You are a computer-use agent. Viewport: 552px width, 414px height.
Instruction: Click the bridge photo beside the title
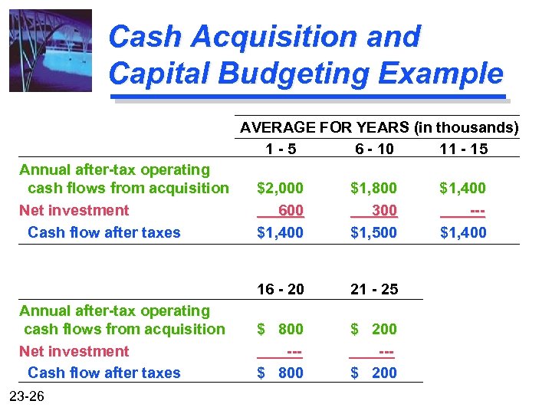point(51,51)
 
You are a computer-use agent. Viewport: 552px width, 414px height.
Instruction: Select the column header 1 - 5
point(280,149)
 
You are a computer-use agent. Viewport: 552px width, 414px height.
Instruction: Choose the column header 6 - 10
point(373,149)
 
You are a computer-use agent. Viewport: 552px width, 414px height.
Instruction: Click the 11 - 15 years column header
point(463,149)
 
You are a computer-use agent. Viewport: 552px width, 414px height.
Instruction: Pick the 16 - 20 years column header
point(280,289)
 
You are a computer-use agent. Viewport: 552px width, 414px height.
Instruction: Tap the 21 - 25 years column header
point(373,289)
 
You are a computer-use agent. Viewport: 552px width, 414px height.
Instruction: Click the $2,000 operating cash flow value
point(280,188)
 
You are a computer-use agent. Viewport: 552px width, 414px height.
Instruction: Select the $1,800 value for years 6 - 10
point(373,188)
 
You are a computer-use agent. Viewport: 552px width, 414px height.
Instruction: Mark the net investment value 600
point(291,210)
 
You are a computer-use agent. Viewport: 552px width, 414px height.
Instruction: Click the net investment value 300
point(384,210)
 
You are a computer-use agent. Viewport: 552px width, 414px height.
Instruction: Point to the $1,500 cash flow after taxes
point(373,232)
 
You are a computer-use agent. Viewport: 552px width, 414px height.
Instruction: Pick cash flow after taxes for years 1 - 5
point(280,232)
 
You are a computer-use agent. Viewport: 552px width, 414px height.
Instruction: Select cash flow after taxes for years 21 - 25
point(373,373)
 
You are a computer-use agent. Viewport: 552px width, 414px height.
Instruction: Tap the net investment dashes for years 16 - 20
point(294,351)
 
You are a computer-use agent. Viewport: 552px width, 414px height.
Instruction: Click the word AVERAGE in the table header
point(278,127)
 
